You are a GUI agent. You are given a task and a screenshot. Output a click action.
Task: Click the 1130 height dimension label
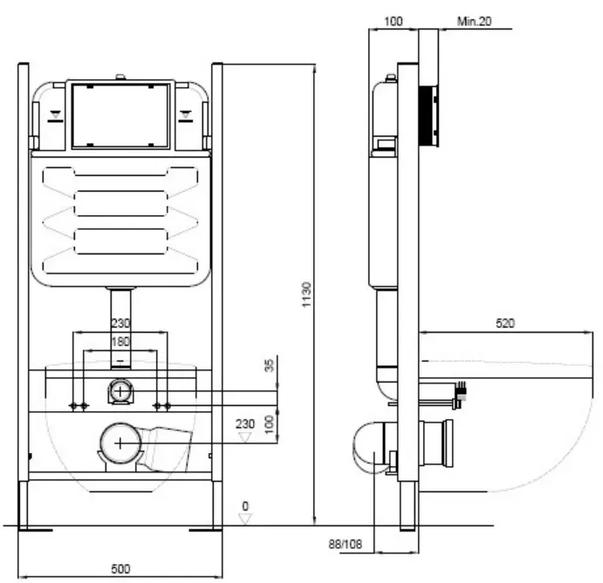point(306,295)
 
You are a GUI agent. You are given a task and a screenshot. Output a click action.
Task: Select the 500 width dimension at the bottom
point(120,569)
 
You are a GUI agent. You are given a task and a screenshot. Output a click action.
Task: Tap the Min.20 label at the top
point(474,21)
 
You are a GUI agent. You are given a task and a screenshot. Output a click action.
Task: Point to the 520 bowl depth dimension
point(505,323)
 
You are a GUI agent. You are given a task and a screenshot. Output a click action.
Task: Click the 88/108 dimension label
point(346,544)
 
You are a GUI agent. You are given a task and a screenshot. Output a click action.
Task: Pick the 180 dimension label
point(120,342)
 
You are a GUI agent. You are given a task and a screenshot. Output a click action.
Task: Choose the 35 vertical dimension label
point(269,365)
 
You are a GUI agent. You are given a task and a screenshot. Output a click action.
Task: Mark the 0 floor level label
point(245,506)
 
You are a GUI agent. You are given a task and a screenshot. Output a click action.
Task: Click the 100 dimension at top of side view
point(394,21)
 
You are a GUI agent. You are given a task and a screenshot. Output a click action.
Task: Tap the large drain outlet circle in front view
point(120,444)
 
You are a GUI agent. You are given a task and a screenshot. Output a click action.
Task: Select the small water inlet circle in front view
point(120,392)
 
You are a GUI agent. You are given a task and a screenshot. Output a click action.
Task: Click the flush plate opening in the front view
point(120,116)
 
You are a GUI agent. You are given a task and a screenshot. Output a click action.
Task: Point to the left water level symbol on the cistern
point(55,116)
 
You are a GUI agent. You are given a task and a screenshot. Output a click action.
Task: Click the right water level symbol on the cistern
point(186,116)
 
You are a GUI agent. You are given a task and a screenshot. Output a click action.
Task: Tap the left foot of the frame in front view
point(24,505)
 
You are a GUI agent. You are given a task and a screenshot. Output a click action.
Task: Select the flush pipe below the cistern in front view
point(120,328)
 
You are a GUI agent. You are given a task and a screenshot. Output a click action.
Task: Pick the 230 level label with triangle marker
point(245,424)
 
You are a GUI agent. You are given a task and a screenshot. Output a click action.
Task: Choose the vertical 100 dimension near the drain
point(269,424)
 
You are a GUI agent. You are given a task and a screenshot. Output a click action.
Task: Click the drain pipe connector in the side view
point(435,444)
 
